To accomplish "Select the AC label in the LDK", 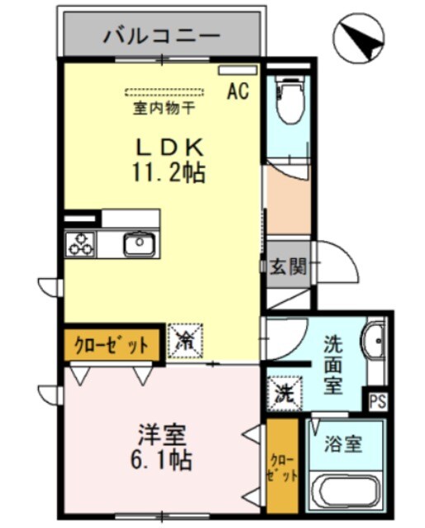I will [x=238, y=90].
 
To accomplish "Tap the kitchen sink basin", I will [x=138, y=243].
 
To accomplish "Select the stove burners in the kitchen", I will [x=81, y=243].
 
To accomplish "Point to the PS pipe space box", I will [x=377, y=402].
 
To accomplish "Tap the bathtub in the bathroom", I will [x=347, y=492].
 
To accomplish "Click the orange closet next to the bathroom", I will [x=281, y=466].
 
